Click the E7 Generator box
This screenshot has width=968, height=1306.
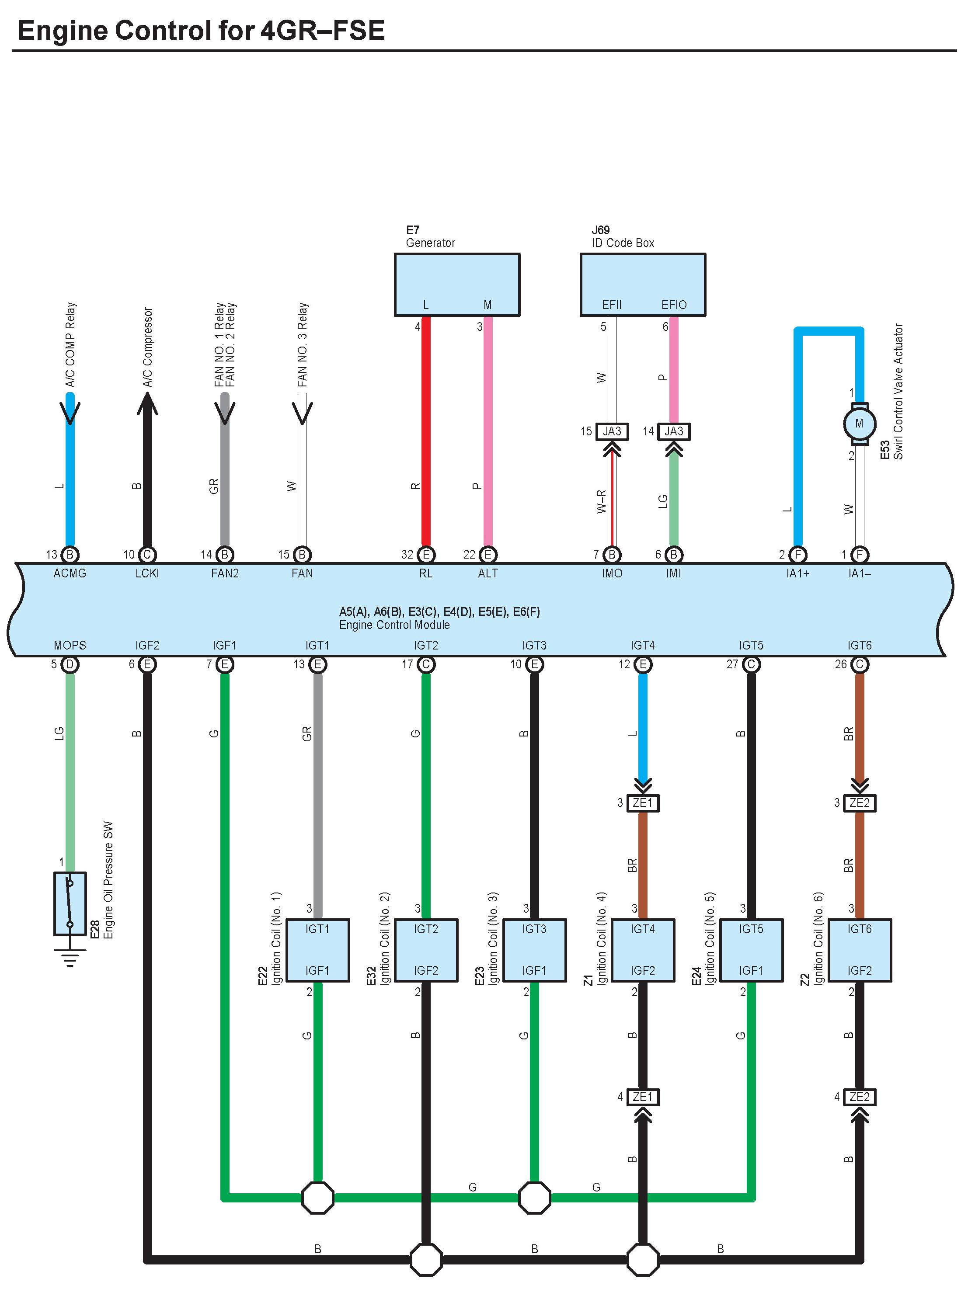pos(456,285)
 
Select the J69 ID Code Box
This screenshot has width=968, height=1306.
pos(643,285)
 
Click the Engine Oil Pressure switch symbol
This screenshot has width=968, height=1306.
pos(70,903)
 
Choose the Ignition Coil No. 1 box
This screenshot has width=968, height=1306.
pos(317,950)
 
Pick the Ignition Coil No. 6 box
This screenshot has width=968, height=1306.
pos(860,950)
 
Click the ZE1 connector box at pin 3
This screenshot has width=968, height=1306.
pos(643,803)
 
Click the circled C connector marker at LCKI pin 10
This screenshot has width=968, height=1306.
pos(147,555)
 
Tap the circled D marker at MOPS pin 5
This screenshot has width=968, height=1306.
pos(70,664)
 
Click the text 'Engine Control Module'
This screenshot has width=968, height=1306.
pos(394,625)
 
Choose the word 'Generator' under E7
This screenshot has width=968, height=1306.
pos(431,243)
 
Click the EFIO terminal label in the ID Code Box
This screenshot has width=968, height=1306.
pos(674,305)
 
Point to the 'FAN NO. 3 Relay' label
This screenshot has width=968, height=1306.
pos(303,344)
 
